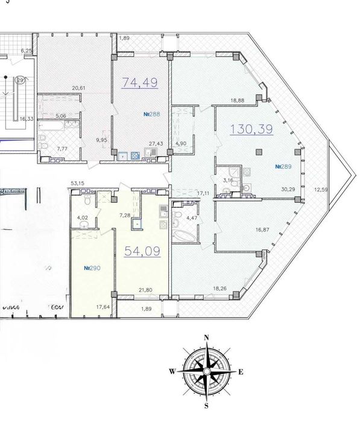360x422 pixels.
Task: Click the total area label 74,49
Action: coord(139,82)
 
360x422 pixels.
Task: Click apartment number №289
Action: coord(283,166)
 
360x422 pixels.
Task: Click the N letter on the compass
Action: coord(207,337)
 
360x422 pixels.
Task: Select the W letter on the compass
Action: coord(172,371)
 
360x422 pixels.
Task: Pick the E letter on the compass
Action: coord(240,371)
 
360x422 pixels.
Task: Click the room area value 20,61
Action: coord(78,89)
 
